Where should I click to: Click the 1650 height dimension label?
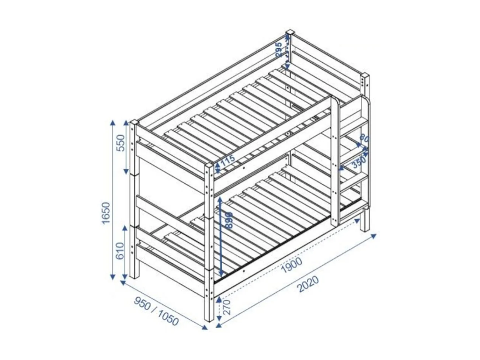tap(106, 213)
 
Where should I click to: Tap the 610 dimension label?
tap(121, 250)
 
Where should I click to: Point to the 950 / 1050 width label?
tap(156, 311)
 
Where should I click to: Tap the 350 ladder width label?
tap(358, 162)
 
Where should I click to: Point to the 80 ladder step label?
tap(364, 138)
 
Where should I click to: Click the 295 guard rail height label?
tap(279, 49)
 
